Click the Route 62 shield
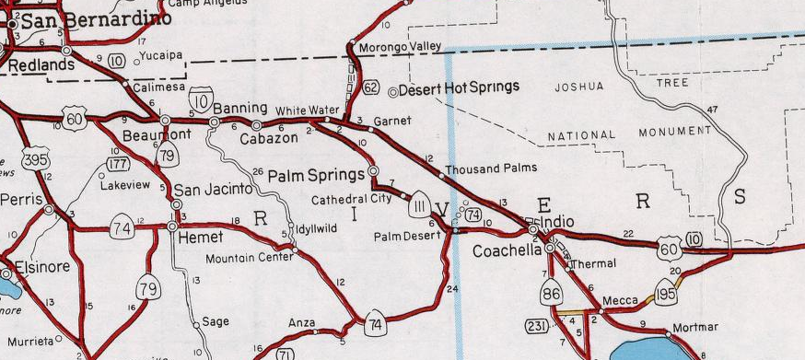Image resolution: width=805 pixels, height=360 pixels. tap(371, 88)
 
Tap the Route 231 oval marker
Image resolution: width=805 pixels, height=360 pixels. tap(537, 325)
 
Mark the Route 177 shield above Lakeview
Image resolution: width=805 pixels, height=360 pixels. tap(118, 164)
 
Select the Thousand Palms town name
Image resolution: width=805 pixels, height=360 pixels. tap(491, 169)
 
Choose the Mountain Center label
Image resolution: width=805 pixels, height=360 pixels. tap(249, 259)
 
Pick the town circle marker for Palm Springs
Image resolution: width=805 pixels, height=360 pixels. tap(373, 171)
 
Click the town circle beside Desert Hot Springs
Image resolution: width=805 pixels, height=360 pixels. tap(393, 91)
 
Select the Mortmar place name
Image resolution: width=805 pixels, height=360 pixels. tap(695, 328)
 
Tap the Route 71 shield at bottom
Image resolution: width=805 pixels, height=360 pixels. tap(286, 354)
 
